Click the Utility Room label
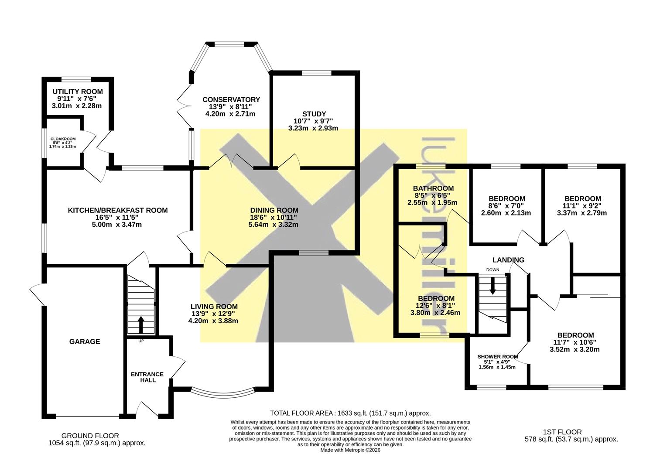click(78, 92)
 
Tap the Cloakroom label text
click(63, 139)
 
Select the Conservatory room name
click(231, 99)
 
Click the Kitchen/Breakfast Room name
click(118, 211)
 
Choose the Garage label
click(85, 341)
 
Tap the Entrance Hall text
click(147, 377)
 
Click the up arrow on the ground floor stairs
click(141, 324)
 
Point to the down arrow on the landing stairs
click(493, 286)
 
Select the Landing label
click(508, 260)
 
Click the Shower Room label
click(498, 357)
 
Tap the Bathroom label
click(433, 188)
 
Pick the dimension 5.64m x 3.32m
click(274, 225)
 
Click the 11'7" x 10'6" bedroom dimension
click(575, 342)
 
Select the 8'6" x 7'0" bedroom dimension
click(506, 206)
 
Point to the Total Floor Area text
click(350, 413)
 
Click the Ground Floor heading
click(90, 436)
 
